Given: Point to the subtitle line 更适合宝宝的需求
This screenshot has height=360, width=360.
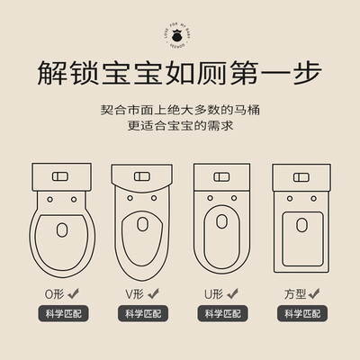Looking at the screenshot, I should (x=180, y=127).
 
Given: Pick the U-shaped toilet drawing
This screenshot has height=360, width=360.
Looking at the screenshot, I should (x=220, y=221).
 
